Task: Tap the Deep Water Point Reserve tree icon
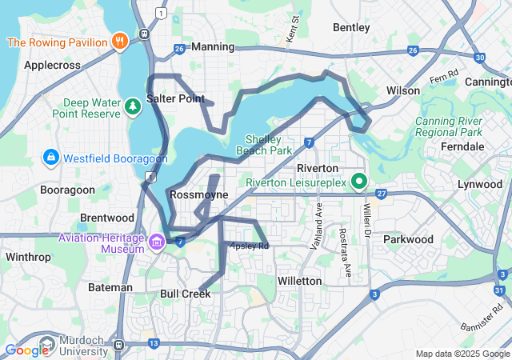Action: pyautogui.click(x=131, y=106)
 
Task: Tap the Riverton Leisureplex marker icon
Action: pyautogui.click(x=359, y=182)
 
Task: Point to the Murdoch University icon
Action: pyautogui.click(x=46, y=346)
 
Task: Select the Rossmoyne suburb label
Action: pyautogui.click(x=199, y=195)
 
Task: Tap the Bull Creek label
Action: pyautogui.click(x=185, y=294)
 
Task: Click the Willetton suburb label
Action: pyautogui.click(x=299, y=282)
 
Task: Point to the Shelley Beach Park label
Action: pyautogui.click(x=264, y=145)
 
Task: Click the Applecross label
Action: pyautogui.click(x=50, y=65)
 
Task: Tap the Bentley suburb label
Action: pyautogui.click(x=351, y=27)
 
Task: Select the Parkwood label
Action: pyautogui.click(x=408, y=239)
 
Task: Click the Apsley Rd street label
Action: pyautogui.click(x=250, y=246)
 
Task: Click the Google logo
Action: pyautogui.click(x=26, y=350)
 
